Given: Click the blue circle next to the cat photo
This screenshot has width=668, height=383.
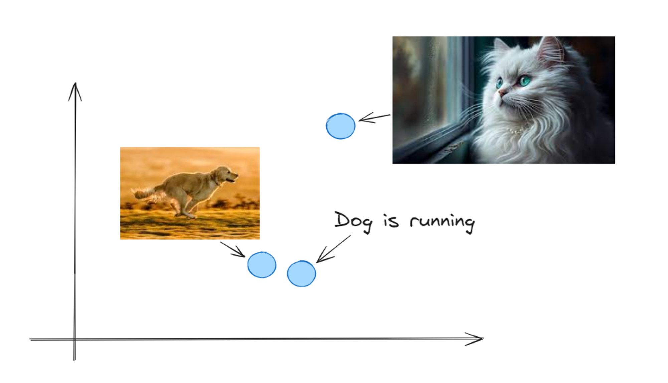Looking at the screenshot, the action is (340, 126).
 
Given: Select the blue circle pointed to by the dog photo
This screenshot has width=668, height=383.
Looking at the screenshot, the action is (262, 265).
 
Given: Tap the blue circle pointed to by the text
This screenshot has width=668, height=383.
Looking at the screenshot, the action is (301, 274).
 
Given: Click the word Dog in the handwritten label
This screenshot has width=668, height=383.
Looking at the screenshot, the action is (353, 222).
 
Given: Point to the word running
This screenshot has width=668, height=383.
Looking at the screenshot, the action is (443, 223).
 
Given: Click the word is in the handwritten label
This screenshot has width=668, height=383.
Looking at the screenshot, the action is (391, 221).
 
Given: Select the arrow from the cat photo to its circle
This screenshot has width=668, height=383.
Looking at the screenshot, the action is (374, 118).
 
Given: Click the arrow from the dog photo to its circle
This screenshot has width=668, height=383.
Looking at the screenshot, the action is (232, 249).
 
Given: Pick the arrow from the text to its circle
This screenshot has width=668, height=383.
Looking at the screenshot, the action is (333, 249).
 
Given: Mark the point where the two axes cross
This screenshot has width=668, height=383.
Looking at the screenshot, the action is (74, 340).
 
